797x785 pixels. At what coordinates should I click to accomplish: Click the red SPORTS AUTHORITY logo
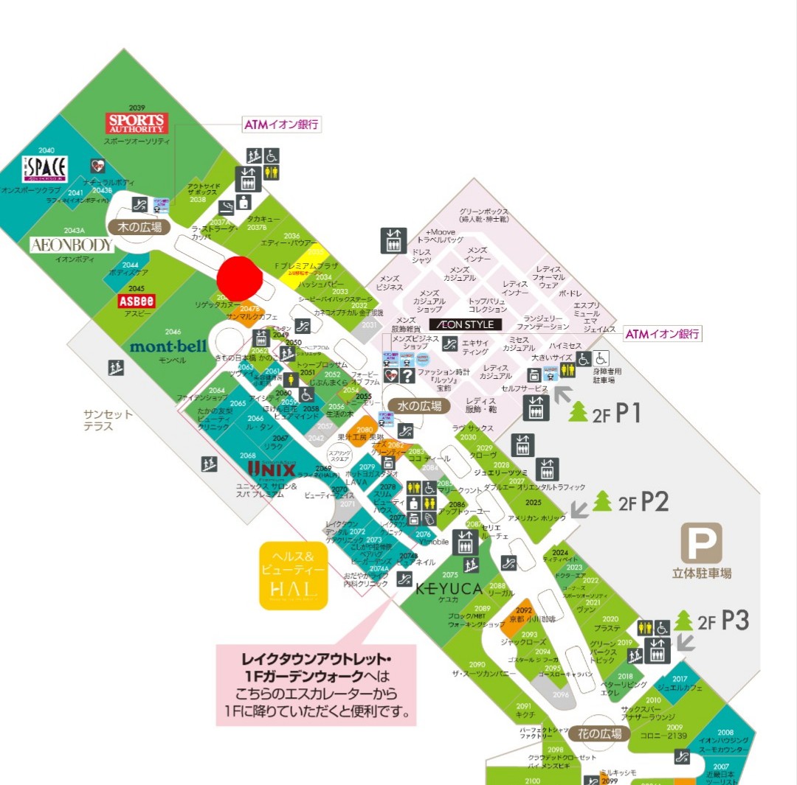point(137,122)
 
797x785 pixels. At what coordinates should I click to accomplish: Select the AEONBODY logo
point(72,245)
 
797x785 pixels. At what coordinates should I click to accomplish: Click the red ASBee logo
point(136,301)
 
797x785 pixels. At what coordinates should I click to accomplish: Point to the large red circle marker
point(241,279)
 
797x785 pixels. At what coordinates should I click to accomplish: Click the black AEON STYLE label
point(466,324)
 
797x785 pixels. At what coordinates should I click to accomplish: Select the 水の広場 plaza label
point(424,405)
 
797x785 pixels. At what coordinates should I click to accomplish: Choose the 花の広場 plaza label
point(604,733)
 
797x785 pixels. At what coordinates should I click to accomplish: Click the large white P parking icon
point(701,544)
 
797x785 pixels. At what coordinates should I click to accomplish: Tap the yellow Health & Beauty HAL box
point(293,576)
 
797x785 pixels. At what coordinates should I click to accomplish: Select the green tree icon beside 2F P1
point(579,411)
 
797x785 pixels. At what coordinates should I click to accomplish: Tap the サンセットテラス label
point(108,420)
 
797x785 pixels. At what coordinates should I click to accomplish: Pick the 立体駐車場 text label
point(701,573)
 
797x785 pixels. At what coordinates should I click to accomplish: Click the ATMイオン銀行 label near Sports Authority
point(281,125)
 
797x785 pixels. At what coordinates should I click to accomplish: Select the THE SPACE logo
point(44,169)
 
